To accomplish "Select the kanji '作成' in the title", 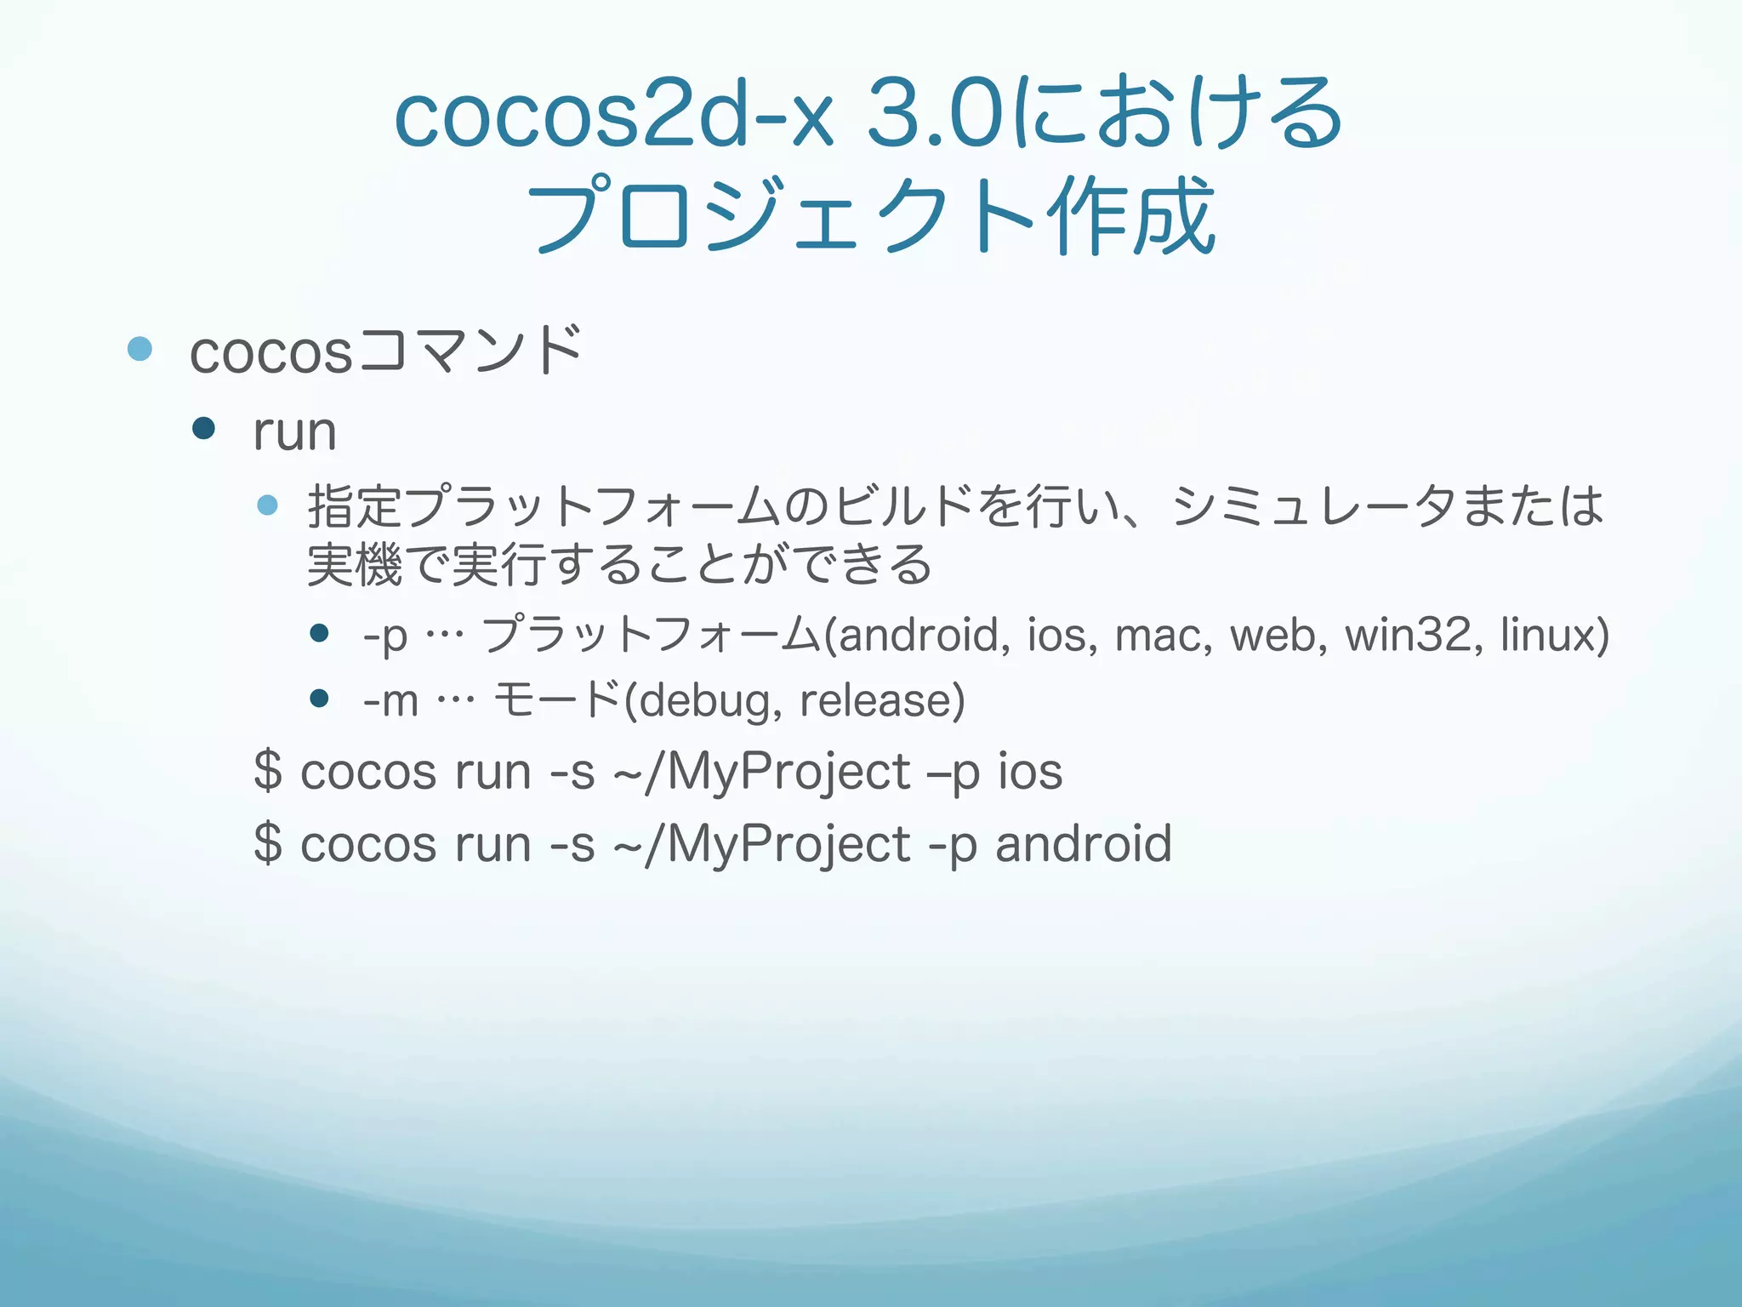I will coord(1131,216).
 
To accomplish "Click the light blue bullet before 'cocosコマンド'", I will coord(139,349).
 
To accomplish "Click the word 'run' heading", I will coord(294,431).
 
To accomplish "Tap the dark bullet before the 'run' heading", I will coord(204,428).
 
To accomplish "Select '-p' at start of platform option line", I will coord(385,636).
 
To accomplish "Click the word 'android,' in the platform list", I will coord(924,635).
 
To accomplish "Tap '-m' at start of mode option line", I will coord(390,701).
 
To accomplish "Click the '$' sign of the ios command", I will coord(267,771).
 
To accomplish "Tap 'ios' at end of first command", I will coord(1030,771).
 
